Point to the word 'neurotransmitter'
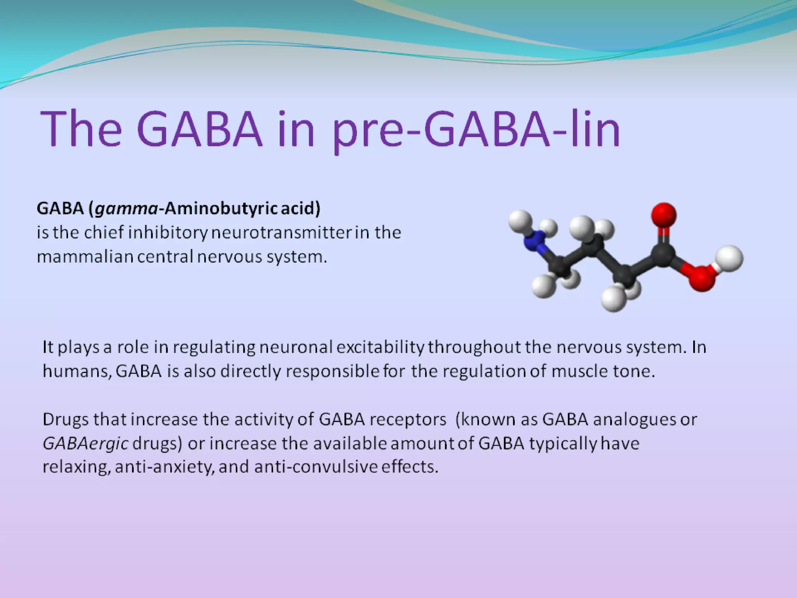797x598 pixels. (x=281, y=233)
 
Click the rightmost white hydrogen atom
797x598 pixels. (x=730, y=258)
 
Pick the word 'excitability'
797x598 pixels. (x=380, y=347)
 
